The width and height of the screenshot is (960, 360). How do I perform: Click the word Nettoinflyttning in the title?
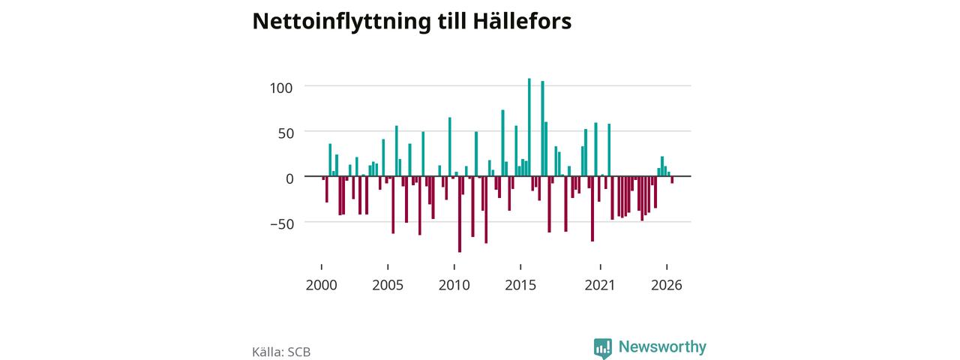pos(341,22)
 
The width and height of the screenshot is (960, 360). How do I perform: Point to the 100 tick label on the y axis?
pos(281,88)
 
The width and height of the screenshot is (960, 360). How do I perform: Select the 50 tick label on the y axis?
pos(286,133)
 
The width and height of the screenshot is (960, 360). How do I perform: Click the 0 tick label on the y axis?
pos(289,178)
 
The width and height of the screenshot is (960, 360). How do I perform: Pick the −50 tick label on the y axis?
pos(282,224)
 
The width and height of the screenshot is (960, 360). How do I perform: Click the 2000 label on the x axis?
pos(322,285)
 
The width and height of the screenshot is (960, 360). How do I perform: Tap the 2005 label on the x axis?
pos(388,285)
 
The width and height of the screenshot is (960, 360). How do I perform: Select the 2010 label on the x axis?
pos(454,285)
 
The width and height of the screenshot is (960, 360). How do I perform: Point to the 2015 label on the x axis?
pos(520,285)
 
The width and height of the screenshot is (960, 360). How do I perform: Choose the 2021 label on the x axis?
pos(600,285)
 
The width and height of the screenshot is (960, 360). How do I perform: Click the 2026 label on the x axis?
pos(667,285)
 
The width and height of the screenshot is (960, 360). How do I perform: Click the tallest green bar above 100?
pos(529,127)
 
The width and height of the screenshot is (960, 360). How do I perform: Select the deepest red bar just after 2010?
pos(460,214)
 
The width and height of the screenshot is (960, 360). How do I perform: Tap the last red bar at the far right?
pos(673,180)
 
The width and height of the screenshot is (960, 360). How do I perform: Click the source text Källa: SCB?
pos(281,352)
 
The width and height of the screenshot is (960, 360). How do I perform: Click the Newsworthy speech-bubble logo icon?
pos(602,348)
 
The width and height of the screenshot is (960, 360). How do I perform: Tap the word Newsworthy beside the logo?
pos(662,346)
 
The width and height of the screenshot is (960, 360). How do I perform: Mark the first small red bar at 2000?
pos(323,178)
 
